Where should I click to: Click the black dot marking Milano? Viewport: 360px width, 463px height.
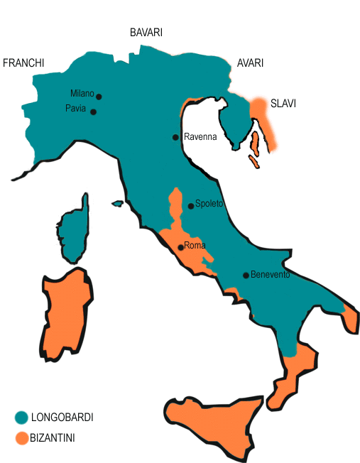[x=99, y=97]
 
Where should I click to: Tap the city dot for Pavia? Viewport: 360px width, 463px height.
[x=93, y=112]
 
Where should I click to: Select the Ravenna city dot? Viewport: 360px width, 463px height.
[x=175, y=137]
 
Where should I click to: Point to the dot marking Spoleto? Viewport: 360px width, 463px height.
[x=191, y=206]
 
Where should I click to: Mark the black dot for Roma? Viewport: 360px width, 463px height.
[x=181, y=248]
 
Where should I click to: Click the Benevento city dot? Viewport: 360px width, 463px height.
[x=245, y=276]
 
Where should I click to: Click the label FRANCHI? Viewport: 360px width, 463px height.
[x=23, y=63]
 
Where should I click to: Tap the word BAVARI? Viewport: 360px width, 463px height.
[x=146, y=33]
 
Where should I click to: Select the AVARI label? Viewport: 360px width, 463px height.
[x=250, y=63]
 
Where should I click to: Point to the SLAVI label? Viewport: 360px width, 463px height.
[x=283, y=104]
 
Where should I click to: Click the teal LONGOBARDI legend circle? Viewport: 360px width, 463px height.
[x=21, y=418]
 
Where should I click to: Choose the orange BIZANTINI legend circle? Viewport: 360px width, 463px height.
[x=21, y=438]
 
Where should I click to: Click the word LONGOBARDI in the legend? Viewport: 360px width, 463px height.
[x=62, y=418]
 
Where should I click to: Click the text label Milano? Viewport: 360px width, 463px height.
[x=82, y=93]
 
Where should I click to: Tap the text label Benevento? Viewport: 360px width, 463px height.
[x=271, y=275]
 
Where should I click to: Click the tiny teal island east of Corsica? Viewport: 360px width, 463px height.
[x=118, y=204]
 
